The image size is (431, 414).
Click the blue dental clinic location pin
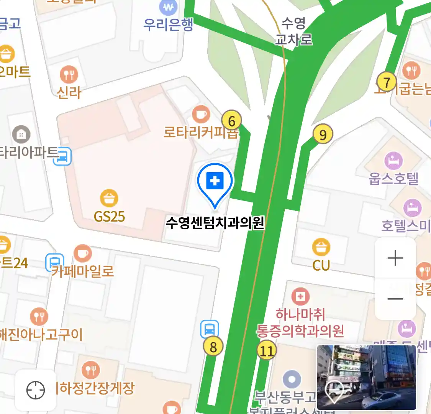tap(215, 181)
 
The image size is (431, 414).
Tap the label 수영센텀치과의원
tap(215, 223)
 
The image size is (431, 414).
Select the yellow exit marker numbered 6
tap(232, 121)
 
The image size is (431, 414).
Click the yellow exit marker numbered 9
tap(323, 135)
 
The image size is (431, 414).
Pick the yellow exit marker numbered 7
tap(387, 82)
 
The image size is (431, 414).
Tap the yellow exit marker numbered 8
tap(213, 347)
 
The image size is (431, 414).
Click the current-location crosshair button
tap(36, 390)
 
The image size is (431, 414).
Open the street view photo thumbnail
tap(366, 377)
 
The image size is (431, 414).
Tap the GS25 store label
tap(110, 217)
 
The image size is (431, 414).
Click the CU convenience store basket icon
tap(321, 247)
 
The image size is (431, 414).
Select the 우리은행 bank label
tap(168, 25)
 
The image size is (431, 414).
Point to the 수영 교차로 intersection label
tap(294, 31)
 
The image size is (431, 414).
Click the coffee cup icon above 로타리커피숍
tap(201, 114)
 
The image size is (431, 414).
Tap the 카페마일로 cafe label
tap(83, 271)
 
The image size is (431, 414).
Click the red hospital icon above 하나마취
tap(300, 297)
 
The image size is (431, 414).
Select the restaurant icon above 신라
tap(69, 74)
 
